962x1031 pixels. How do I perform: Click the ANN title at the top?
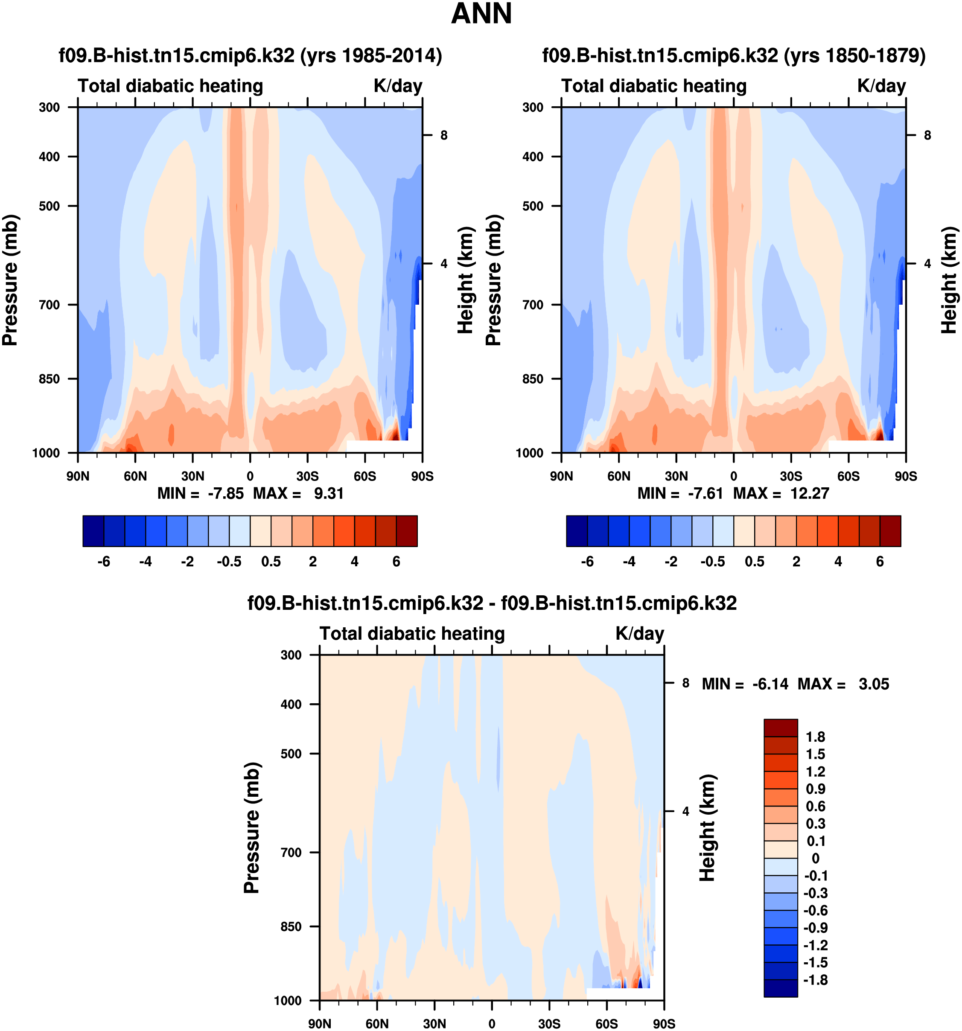tap(481, 14)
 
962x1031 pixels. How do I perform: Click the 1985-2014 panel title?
tap(250, 55)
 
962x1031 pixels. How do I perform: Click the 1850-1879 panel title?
tap(734, 55)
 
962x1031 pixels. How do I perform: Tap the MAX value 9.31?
tap(329, 493)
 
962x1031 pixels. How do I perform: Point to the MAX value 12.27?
tap(810, 493)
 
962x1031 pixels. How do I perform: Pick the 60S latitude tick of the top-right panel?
tap(848, 476)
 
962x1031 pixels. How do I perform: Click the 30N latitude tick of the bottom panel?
tap(434, 1024)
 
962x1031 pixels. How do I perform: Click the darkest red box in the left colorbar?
tap(407, 531)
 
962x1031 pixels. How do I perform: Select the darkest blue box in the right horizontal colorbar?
tap(577, 531)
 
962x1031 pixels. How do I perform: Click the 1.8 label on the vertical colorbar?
tap(815, 737)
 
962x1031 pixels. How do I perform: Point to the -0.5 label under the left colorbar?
tap(229, 562)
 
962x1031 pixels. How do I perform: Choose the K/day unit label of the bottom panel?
tap(639, 634)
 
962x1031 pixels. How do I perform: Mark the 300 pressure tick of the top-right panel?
tap(533, 108)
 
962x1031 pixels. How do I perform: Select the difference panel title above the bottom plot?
tap(492, 603)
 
